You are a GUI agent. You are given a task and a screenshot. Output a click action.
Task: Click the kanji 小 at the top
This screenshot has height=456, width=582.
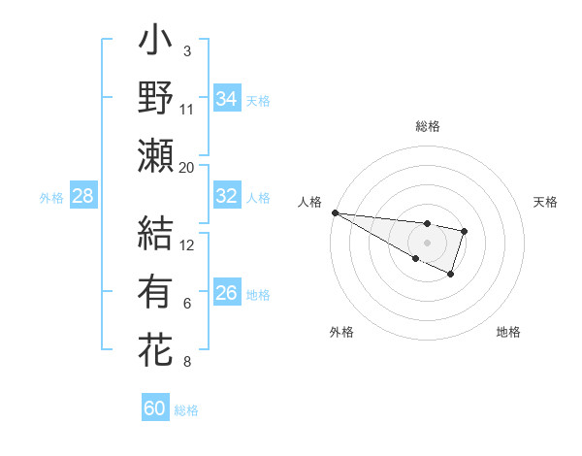pyautogui.click(x=155, y=44)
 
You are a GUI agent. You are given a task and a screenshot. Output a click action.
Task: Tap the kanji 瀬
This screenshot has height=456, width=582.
pyautogui.click(x=155, y=156)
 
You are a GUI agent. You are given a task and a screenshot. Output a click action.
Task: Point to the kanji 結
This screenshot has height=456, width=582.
pyautogui.click(x=155, y=234)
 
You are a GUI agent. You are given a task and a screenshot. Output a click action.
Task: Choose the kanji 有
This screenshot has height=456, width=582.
pyautogui.click(x=155, y=292)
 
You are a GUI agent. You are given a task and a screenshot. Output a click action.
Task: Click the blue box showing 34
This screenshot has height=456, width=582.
pyautogui.click(x=226, y=99)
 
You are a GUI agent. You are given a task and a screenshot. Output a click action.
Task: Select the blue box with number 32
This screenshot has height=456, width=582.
pyautogui.click(x=226, y=196)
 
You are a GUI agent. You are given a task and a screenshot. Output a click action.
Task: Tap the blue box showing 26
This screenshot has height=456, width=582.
pyautogui.click(x=226, y=293)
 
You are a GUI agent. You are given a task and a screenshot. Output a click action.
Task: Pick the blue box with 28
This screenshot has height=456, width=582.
pyautogui.click(x=82, y=197)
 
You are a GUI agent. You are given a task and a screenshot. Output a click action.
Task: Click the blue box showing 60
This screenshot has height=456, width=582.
pyautogui.click(x=154, y=408)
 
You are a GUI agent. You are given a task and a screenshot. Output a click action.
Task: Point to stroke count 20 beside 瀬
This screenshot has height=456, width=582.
pyautogui.click(x=187, y=168)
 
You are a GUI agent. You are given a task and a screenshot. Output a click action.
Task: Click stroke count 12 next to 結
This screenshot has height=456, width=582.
pyautogui.click(x=187, y=244)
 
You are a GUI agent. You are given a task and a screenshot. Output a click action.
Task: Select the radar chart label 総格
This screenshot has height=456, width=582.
pyautogui.click(x=428, y=126)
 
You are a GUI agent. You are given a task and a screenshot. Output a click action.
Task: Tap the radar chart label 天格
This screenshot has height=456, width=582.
pyautogui.click(x=545, y=202)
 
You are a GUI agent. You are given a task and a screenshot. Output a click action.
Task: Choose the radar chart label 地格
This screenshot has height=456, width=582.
pyautogui.click(x=508, y=332)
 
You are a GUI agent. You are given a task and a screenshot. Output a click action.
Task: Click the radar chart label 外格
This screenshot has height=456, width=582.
pyautogui.click(x=341, y=332)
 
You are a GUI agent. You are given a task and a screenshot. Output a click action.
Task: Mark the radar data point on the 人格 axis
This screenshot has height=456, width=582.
pyautogui.click(x=335, y=212)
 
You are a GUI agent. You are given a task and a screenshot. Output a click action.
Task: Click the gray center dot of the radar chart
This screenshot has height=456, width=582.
pyautogui.click(x=427, y=242)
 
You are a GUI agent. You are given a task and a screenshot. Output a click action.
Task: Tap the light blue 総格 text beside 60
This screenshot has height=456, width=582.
pyautogui.click(x=186, y=410)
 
